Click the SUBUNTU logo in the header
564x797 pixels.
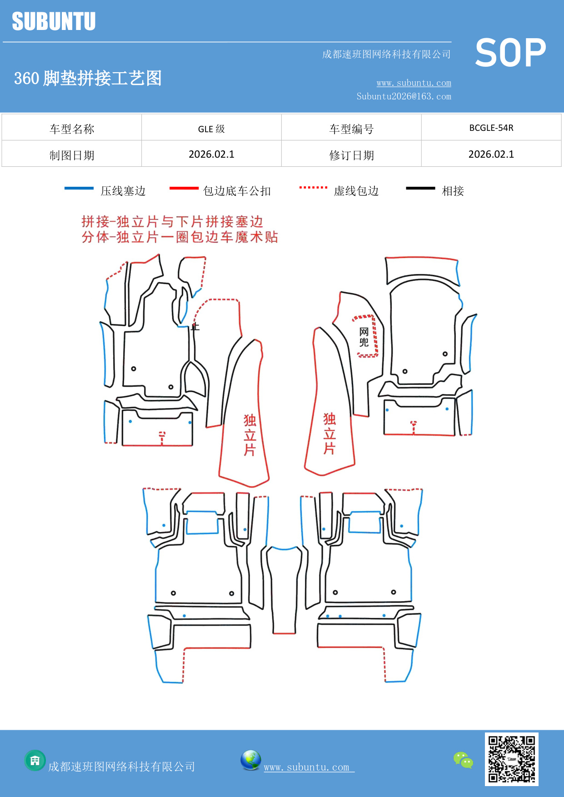tap(54, 21)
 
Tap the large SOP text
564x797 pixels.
tap(510, 53)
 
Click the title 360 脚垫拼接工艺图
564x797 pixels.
tap(88, 78)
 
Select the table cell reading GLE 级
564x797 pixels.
tap(211, 129)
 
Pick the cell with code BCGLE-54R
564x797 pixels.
tap(491, 128)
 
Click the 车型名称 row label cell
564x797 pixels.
tap(72, 129)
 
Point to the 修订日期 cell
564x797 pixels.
tap(351, 155)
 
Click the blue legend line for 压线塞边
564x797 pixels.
tap(79, 188)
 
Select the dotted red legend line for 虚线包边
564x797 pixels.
tap(313, 187)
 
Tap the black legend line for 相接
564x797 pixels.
tap(420, 188)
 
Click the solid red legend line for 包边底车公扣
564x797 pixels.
tap(184, 188)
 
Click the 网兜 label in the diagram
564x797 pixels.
tap(364, 337)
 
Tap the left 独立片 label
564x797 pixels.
tap(250, 434)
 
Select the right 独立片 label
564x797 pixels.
tap(329, 433)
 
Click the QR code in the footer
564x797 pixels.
tap(511, 759)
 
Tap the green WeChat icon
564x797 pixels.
tap(463, 760)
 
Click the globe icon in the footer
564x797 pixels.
tap(250, 760)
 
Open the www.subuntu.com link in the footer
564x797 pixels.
tap(307, 767)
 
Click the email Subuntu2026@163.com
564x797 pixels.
tap(404, 96)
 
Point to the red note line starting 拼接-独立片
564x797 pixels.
tap(172, 222)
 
